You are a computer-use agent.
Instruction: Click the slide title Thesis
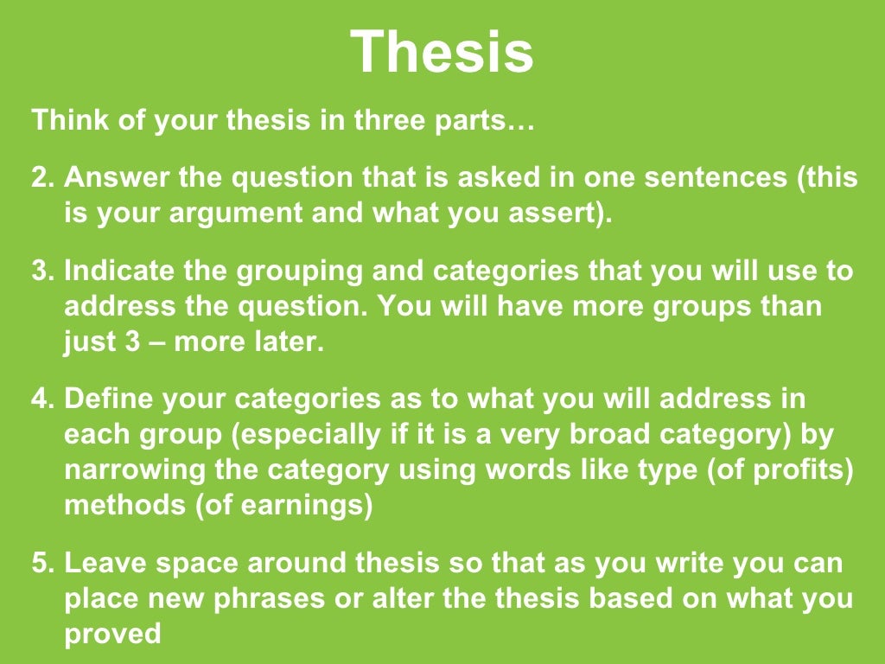point(442,52)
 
